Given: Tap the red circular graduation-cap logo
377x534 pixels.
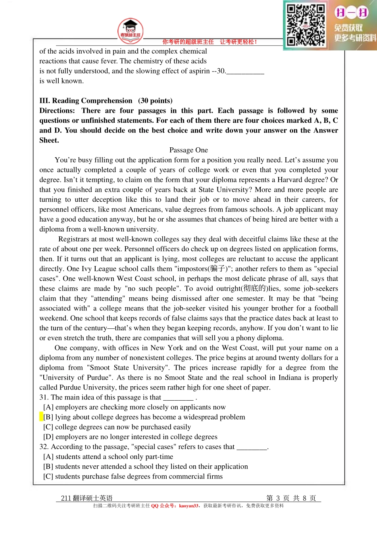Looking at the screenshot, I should (131, 31).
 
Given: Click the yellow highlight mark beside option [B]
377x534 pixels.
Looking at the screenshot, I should (41, 417).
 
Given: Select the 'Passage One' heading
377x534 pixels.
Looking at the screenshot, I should (188, 150).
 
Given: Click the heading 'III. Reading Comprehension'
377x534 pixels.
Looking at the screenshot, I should (86, 101).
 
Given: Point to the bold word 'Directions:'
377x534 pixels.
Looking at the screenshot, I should (57, 111).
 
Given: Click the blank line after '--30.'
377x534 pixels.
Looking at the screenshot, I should (245, 71).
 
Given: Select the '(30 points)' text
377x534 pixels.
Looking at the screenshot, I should (155, 101).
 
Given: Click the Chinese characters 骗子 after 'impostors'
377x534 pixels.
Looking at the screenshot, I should (218, 269).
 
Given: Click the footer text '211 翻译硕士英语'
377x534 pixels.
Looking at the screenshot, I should (87, 498).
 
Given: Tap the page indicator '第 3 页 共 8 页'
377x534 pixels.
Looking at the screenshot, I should (291, 498).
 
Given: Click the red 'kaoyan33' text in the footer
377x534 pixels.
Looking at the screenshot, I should (188, 506).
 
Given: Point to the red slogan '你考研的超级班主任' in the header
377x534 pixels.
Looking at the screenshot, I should (188, 42).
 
